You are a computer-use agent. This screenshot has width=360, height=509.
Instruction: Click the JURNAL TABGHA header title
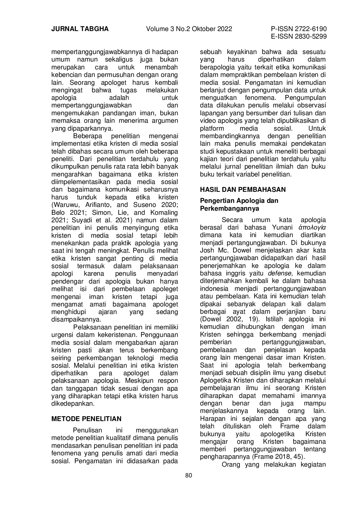point(80,29)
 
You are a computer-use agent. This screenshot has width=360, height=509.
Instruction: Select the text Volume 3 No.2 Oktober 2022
point(189,29)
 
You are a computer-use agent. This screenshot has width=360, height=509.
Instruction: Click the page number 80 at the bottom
point(188,475)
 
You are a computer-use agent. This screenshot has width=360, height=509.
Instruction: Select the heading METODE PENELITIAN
point(86,419)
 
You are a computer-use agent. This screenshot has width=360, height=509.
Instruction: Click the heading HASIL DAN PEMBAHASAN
point(243,189)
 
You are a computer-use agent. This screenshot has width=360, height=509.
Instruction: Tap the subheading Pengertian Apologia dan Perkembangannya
point(239,204)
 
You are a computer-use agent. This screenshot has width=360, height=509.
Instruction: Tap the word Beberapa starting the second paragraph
point(86,136)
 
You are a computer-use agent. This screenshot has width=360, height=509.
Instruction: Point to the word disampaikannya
point(76,320)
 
